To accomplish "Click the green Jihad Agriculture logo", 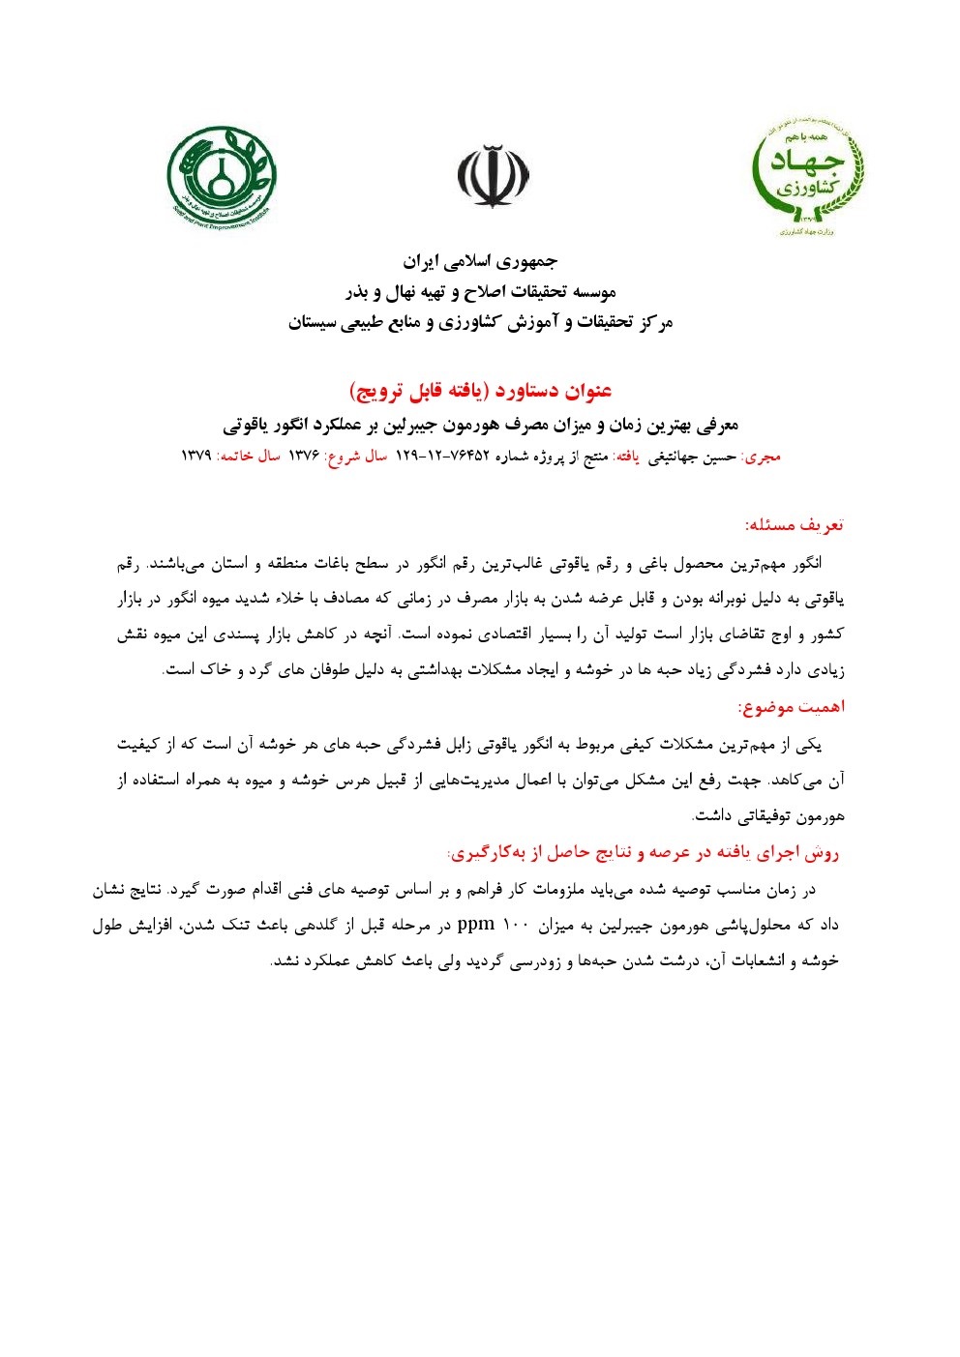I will [808, 178].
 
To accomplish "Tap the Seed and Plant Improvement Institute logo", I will [221, 175].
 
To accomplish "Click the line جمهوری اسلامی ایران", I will [480, 261].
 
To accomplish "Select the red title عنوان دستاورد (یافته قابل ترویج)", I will [480, 391].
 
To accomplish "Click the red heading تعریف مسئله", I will [794, 525].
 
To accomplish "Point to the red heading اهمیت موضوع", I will [791, 707].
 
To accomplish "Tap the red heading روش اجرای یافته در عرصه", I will [643, 852].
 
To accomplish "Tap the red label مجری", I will [763, 457].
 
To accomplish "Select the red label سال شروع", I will [357, 457].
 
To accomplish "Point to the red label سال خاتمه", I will [248, 457].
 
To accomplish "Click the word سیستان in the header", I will [318, 323].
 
